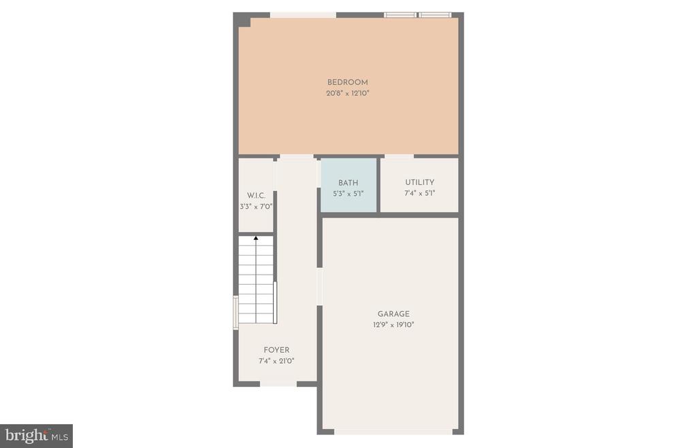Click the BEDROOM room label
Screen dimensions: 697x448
[348, 82]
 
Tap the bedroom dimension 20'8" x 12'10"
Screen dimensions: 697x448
[348, 93]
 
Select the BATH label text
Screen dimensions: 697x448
[348, 182]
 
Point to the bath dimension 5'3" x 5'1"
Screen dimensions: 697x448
[348, 194]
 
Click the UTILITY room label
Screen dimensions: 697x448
[419, 182]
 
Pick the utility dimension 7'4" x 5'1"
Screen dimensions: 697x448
[419, 193]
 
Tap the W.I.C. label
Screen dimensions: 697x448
[256, 195]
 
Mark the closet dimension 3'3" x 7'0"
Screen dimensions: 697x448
[256, 207]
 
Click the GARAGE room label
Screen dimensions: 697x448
[393, 313]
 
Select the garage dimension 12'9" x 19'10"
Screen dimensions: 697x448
[393, 324]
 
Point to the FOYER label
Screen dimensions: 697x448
[276, 350]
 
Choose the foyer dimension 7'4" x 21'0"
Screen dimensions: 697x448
[276, 361]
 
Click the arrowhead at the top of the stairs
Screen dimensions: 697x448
[256, 239]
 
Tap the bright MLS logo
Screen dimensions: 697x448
[37, 436]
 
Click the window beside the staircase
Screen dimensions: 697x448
[236, 313]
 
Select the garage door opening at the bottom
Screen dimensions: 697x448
[393, 432]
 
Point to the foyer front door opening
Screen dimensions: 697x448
[278, 383]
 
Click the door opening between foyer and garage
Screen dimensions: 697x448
[319, 286]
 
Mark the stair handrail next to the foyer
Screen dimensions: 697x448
[275, 303]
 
